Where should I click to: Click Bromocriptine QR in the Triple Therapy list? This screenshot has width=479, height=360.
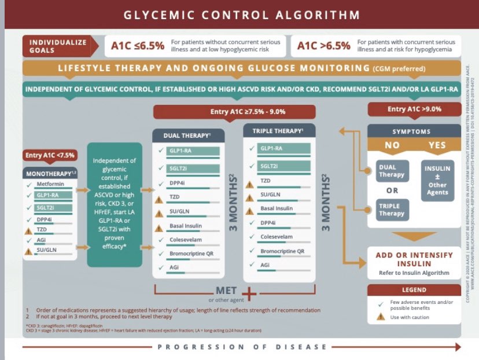point(282,251)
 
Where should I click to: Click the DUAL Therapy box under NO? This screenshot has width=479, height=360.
point(392,171)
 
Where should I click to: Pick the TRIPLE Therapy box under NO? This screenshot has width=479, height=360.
point(392,209)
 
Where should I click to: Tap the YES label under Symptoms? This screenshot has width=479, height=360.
point(437,145)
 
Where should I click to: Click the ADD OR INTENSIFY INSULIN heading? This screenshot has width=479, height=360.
point(414,259)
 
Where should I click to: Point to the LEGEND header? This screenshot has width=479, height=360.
point(414,289)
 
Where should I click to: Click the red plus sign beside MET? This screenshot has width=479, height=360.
point(249,293)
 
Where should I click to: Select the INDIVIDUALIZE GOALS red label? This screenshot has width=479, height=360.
point(58,46)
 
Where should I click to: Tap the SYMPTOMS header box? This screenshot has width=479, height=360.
point(414,131)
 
